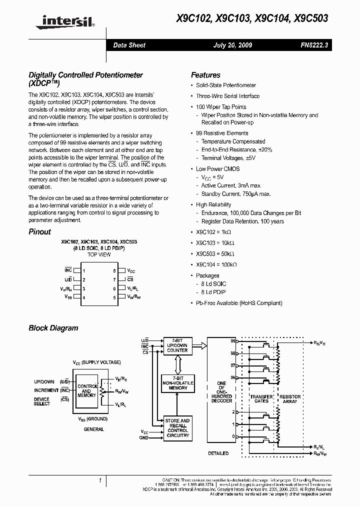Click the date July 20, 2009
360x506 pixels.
pos(232,45)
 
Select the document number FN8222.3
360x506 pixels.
pos(314,45)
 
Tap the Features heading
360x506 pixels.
pos(205,75)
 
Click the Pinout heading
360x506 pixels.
pos(39,231)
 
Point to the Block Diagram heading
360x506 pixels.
pos(53,328)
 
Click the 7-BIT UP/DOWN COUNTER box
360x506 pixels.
pos(177,345)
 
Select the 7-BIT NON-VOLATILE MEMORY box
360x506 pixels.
pos(177,383)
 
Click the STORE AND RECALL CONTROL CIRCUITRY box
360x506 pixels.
pos(177,428)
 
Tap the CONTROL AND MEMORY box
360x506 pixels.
pos(87,391)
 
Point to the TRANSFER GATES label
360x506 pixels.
pos(261,398)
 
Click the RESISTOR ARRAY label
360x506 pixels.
pos(290,398)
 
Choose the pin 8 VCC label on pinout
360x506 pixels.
pos(131,270)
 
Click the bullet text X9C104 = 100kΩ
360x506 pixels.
pos(216,264)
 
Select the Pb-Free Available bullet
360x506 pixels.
pos(239,303)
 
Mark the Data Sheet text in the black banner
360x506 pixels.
pos(129,45)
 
